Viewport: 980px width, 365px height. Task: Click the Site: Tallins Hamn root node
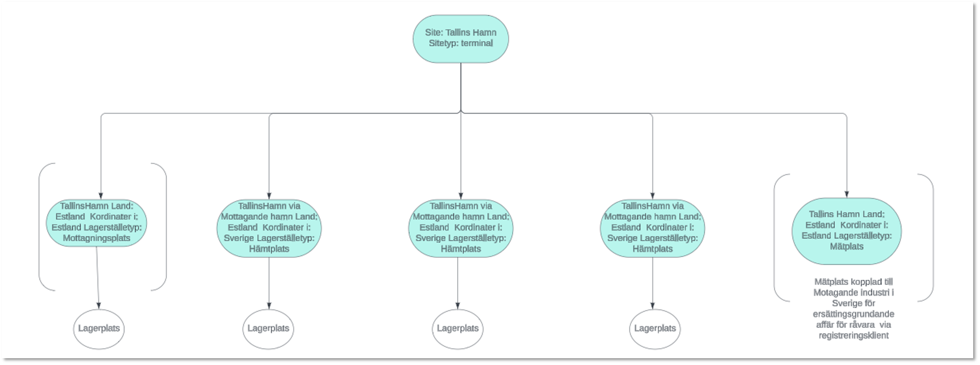pos(461,39)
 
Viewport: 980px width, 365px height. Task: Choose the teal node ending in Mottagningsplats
pos(96,223)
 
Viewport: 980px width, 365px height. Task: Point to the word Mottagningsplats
pos(96,238)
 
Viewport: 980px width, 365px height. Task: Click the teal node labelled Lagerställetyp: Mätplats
pos(846,231)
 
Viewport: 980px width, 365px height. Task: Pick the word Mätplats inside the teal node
pos(846,246)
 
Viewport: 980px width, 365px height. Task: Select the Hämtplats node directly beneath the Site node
pos(461,228)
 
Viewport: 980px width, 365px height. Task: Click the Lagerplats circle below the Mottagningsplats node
pos(99,329)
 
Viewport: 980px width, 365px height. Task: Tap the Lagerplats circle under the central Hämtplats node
pos(458,329)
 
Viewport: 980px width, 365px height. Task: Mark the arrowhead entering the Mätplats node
pos(846,194)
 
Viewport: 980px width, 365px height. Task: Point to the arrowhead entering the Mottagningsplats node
pos(101,196)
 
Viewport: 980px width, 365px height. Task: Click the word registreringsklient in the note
pos(854,336)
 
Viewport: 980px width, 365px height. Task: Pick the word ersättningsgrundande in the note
pos(854,314)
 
